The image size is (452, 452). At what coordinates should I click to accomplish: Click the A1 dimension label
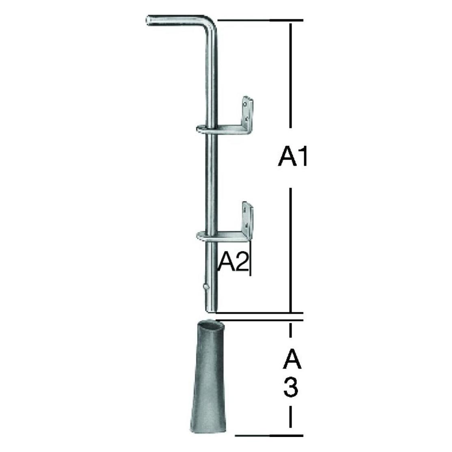(x=293, y=157)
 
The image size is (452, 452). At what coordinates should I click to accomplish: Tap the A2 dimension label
(x=233, y=262)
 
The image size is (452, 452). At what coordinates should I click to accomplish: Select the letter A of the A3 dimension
(x=292, y=359)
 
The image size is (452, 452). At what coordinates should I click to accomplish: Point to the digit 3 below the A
(x=291, y=387)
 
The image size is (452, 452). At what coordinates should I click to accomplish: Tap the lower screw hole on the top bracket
(x=246, y=118)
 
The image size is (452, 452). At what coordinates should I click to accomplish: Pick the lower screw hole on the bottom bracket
(x=246, y=224)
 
